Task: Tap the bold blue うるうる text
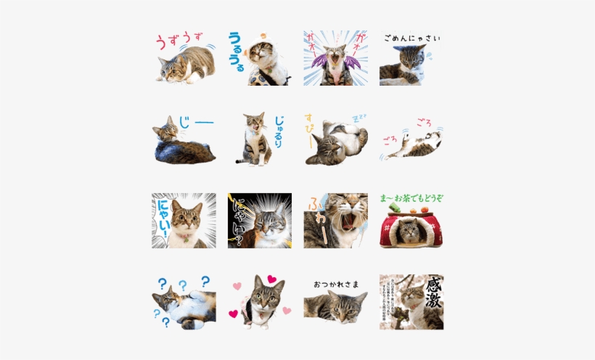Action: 237,51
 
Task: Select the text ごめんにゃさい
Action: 411,38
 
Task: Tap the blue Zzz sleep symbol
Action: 359,117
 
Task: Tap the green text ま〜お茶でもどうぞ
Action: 411,197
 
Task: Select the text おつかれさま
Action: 336,284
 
